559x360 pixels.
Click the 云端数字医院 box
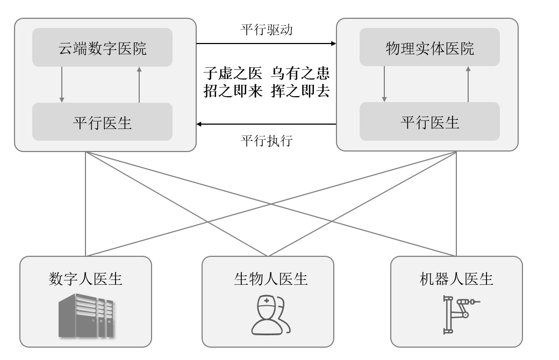pos(102,48)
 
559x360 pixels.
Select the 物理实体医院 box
pos(429,48)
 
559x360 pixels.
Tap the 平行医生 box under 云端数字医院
pos(102,122)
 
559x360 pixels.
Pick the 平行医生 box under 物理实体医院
pos(429,122)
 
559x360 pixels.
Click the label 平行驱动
pos(266,29)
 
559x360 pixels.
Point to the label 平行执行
pos(266,141)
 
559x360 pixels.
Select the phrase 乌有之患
pos(300,73)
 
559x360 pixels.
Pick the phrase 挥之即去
pos(300,91)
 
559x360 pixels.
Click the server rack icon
pos(86,315)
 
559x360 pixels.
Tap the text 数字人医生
pos(86,279)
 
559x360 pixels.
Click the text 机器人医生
pos(456,279)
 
